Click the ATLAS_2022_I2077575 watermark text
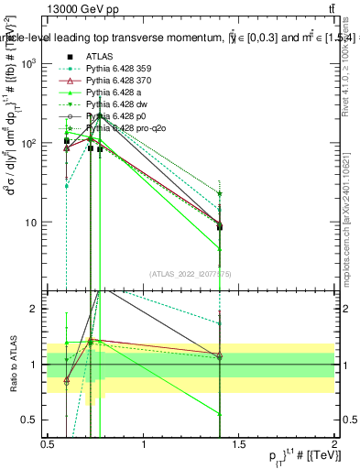click(x=189, y=273)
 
